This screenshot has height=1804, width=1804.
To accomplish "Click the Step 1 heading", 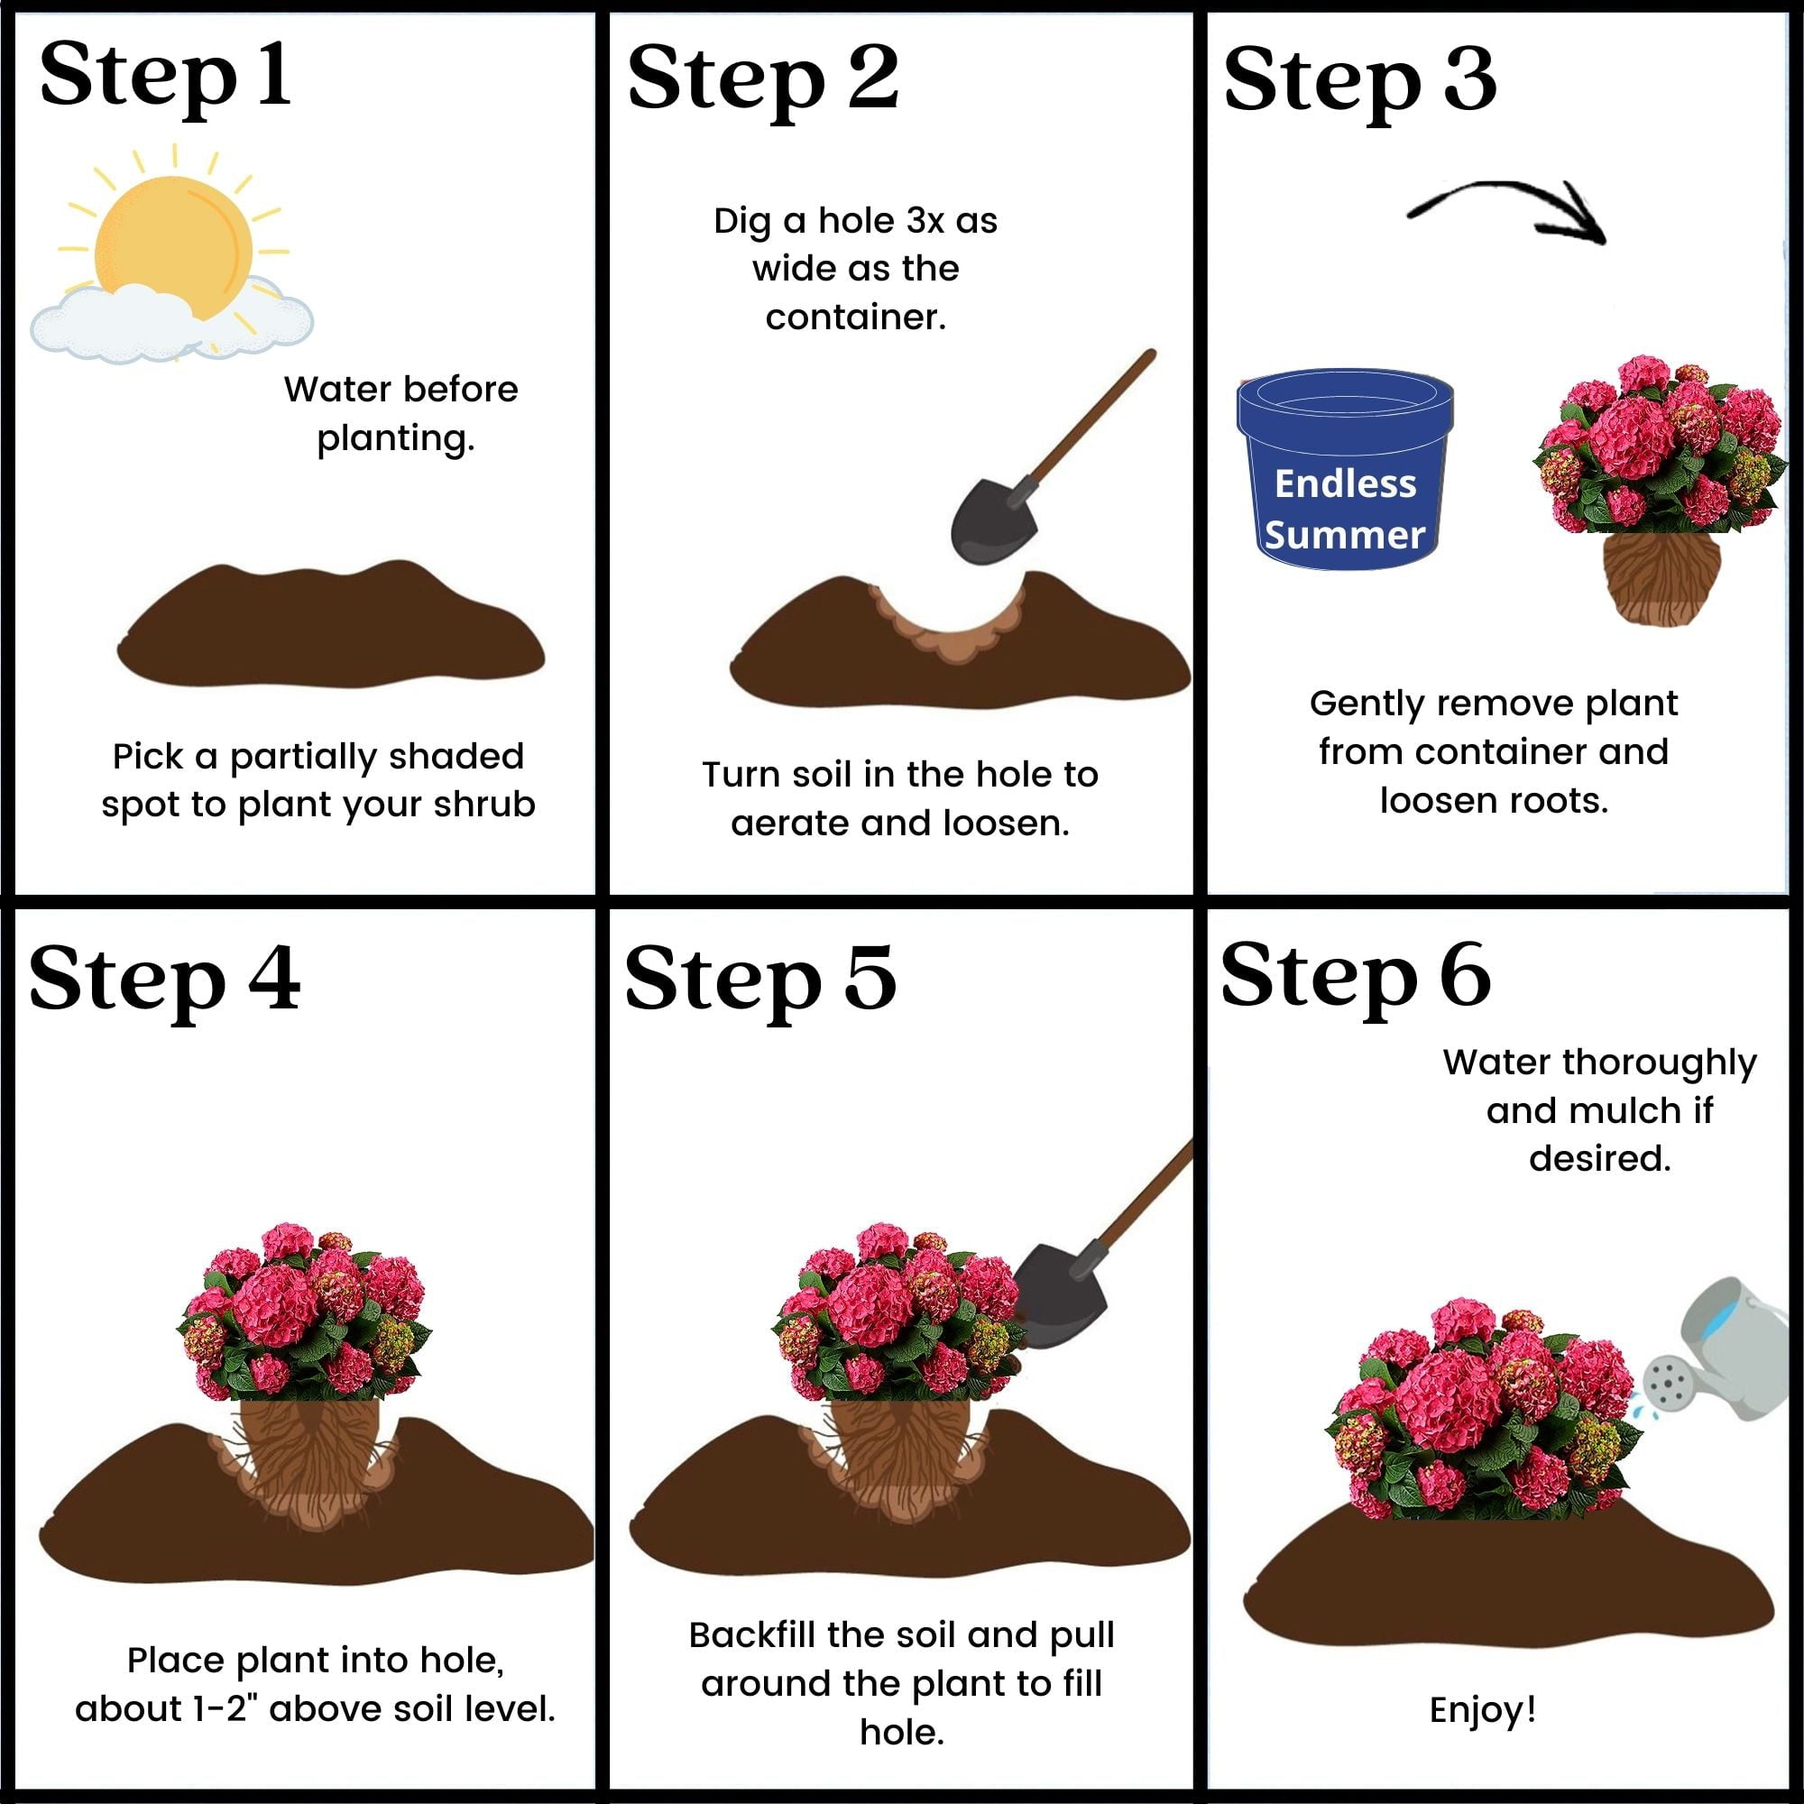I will pos(165,75).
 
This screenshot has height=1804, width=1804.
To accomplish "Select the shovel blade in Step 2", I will pos(993,523).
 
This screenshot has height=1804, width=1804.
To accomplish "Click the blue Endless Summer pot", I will pos(1345,467).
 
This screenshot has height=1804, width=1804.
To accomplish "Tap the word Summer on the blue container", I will pos(1345,535).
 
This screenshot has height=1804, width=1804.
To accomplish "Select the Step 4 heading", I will pos(165,979).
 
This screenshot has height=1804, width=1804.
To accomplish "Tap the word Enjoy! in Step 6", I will pos(1483,1710).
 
